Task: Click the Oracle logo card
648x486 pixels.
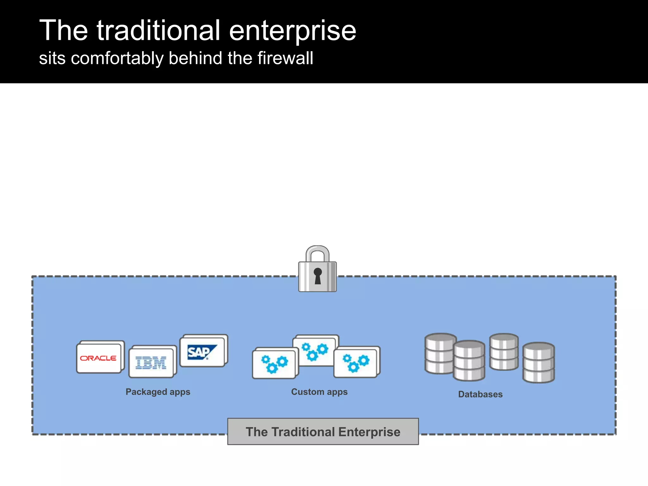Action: (x=99, y=358)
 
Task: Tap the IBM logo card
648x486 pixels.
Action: (x=151, y=363)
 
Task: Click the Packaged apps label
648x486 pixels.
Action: (x=158, y=392)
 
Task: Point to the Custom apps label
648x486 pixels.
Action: (x=319, y=392)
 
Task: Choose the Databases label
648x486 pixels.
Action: (x=480, y=394)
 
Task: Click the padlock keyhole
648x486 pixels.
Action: (x=318, y=275)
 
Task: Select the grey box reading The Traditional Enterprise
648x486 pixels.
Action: (x=323, y=432)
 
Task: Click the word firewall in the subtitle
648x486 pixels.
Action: (x=285, y=58)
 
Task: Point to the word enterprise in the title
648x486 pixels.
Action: (x=293, y=31)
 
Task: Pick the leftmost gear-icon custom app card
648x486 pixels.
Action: (x=274, y=364)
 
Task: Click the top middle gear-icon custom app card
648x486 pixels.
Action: (x=315, y=351)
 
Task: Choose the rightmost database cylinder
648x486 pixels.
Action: (x=539, y=363)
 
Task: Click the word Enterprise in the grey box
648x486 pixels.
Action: (x=369, y=432)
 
